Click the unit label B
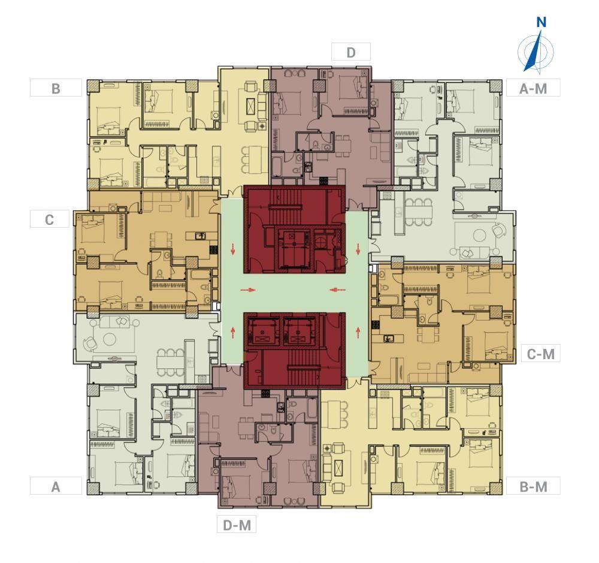click(x=56, y=89)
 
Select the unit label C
click(x=49, y=219)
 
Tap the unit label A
click(x=56, y=486)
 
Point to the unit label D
click(x=351, y=52)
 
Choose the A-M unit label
click(x=533, y=89)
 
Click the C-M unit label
click(x=540, y=354)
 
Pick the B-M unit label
click(x=533, y=486)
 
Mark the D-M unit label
click(x=237, y=525)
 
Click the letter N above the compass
click(x=541, y=23)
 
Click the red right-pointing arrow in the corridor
click(x=247, y=290)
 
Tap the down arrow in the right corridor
click(x=358, y=249)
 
